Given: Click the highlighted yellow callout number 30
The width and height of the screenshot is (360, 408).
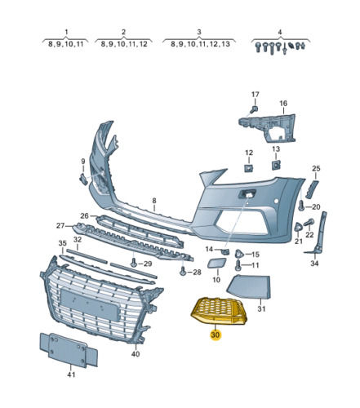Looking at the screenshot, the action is coord(215,335).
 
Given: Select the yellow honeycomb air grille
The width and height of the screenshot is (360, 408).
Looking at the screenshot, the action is coord(220,311).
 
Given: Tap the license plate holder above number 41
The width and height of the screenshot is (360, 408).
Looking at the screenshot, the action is coord(69,350).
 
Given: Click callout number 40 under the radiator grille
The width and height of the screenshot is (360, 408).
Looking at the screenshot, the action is coord(136,354).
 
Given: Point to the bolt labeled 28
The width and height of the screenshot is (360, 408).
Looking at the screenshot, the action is coord(183,271).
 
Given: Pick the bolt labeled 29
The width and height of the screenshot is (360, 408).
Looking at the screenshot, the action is coord(134,263).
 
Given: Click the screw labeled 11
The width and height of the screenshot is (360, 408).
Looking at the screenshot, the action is coord(238,265).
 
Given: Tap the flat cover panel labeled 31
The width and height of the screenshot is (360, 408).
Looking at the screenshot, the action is coord(249,286).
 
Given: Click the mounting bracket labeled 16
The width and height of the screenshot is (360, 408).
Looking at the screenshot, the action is coord(268,128).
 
